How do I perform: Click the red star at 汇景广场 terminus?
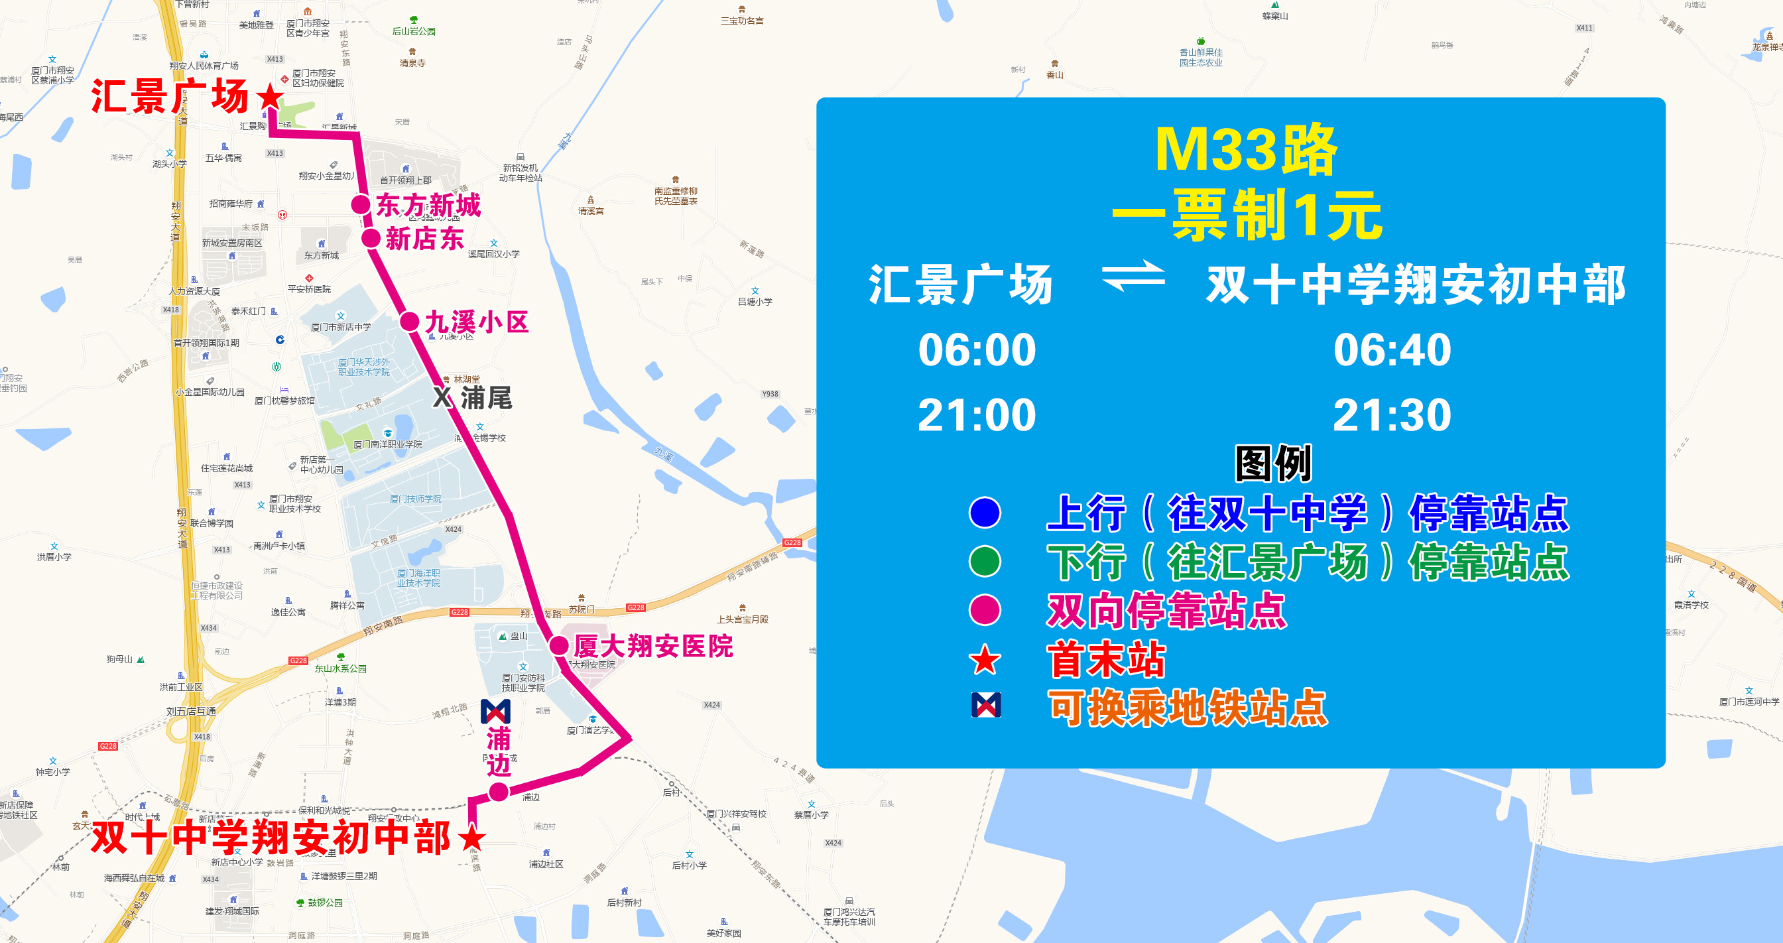270,97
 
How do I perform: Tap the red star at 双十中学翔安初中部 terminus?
472,837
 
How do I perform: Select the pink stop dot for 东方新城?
361,205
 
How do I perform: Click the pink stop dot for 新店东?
372,239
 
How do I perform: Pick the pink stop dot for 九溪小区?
410,322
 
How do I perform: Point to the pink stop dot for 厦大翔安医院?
559,646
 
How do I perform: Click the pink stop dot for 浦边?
499,792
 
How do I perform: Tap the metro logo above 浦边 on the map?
495,712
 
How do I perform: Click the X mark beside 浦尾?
442,397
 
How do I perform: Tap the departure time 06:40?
1392,349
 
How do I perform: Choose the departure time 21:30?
1392,414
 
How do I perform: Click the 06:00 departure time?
977,349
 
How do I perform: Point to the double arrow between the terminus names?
1133,277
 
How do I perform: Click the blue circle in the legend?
985,513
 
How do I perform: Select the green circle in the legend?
985,562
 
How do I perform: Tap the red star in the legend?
985,660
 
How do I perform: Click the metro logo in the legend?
985,705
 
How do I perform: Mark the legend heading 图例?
1274,463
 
